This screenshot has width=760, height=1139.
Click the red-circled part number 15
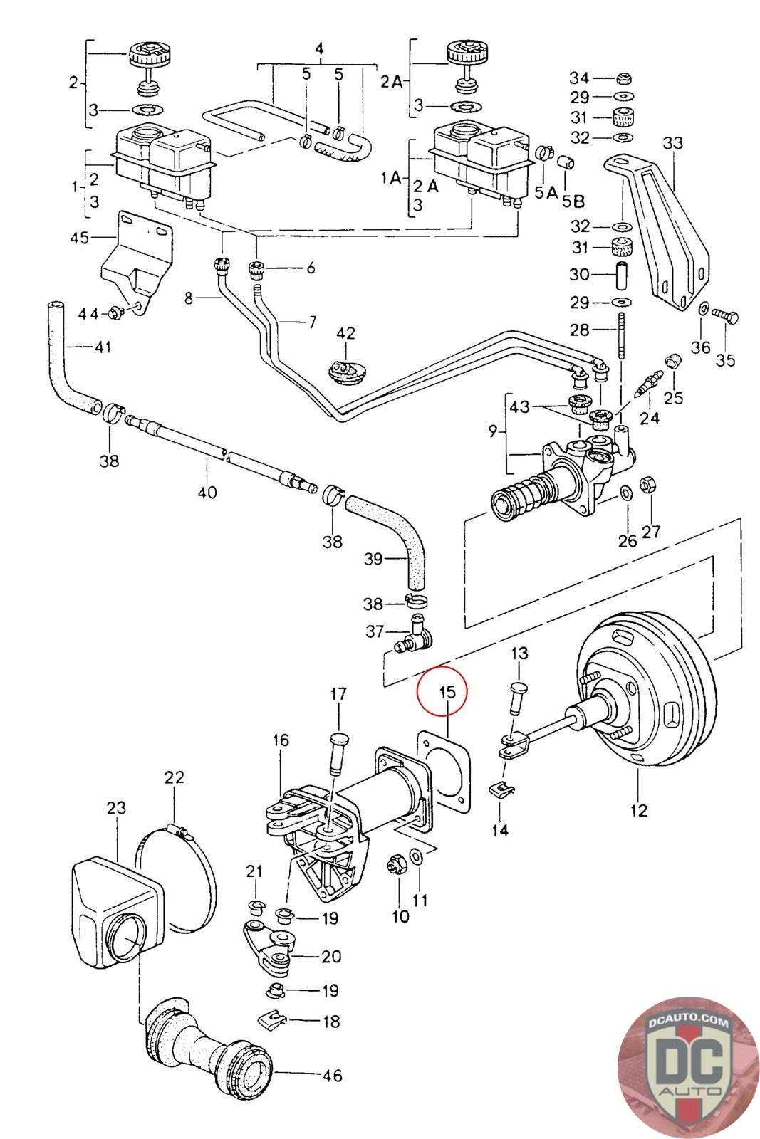(446, 691)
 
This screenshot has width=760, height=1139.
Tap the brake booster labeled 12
(645, 691)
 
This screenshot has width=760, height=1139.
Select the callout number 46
(332, 1075)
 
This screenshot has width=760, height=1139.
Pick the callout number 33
(672, 143)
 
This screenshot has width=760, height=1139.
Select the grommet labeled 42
(346, 374)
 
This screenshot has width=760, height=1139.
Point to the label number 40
(207, 491)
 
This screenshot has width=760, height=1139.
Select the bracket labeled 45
(135, 263)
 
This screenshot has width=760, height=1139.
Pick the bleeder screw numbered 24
(645, 387)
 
